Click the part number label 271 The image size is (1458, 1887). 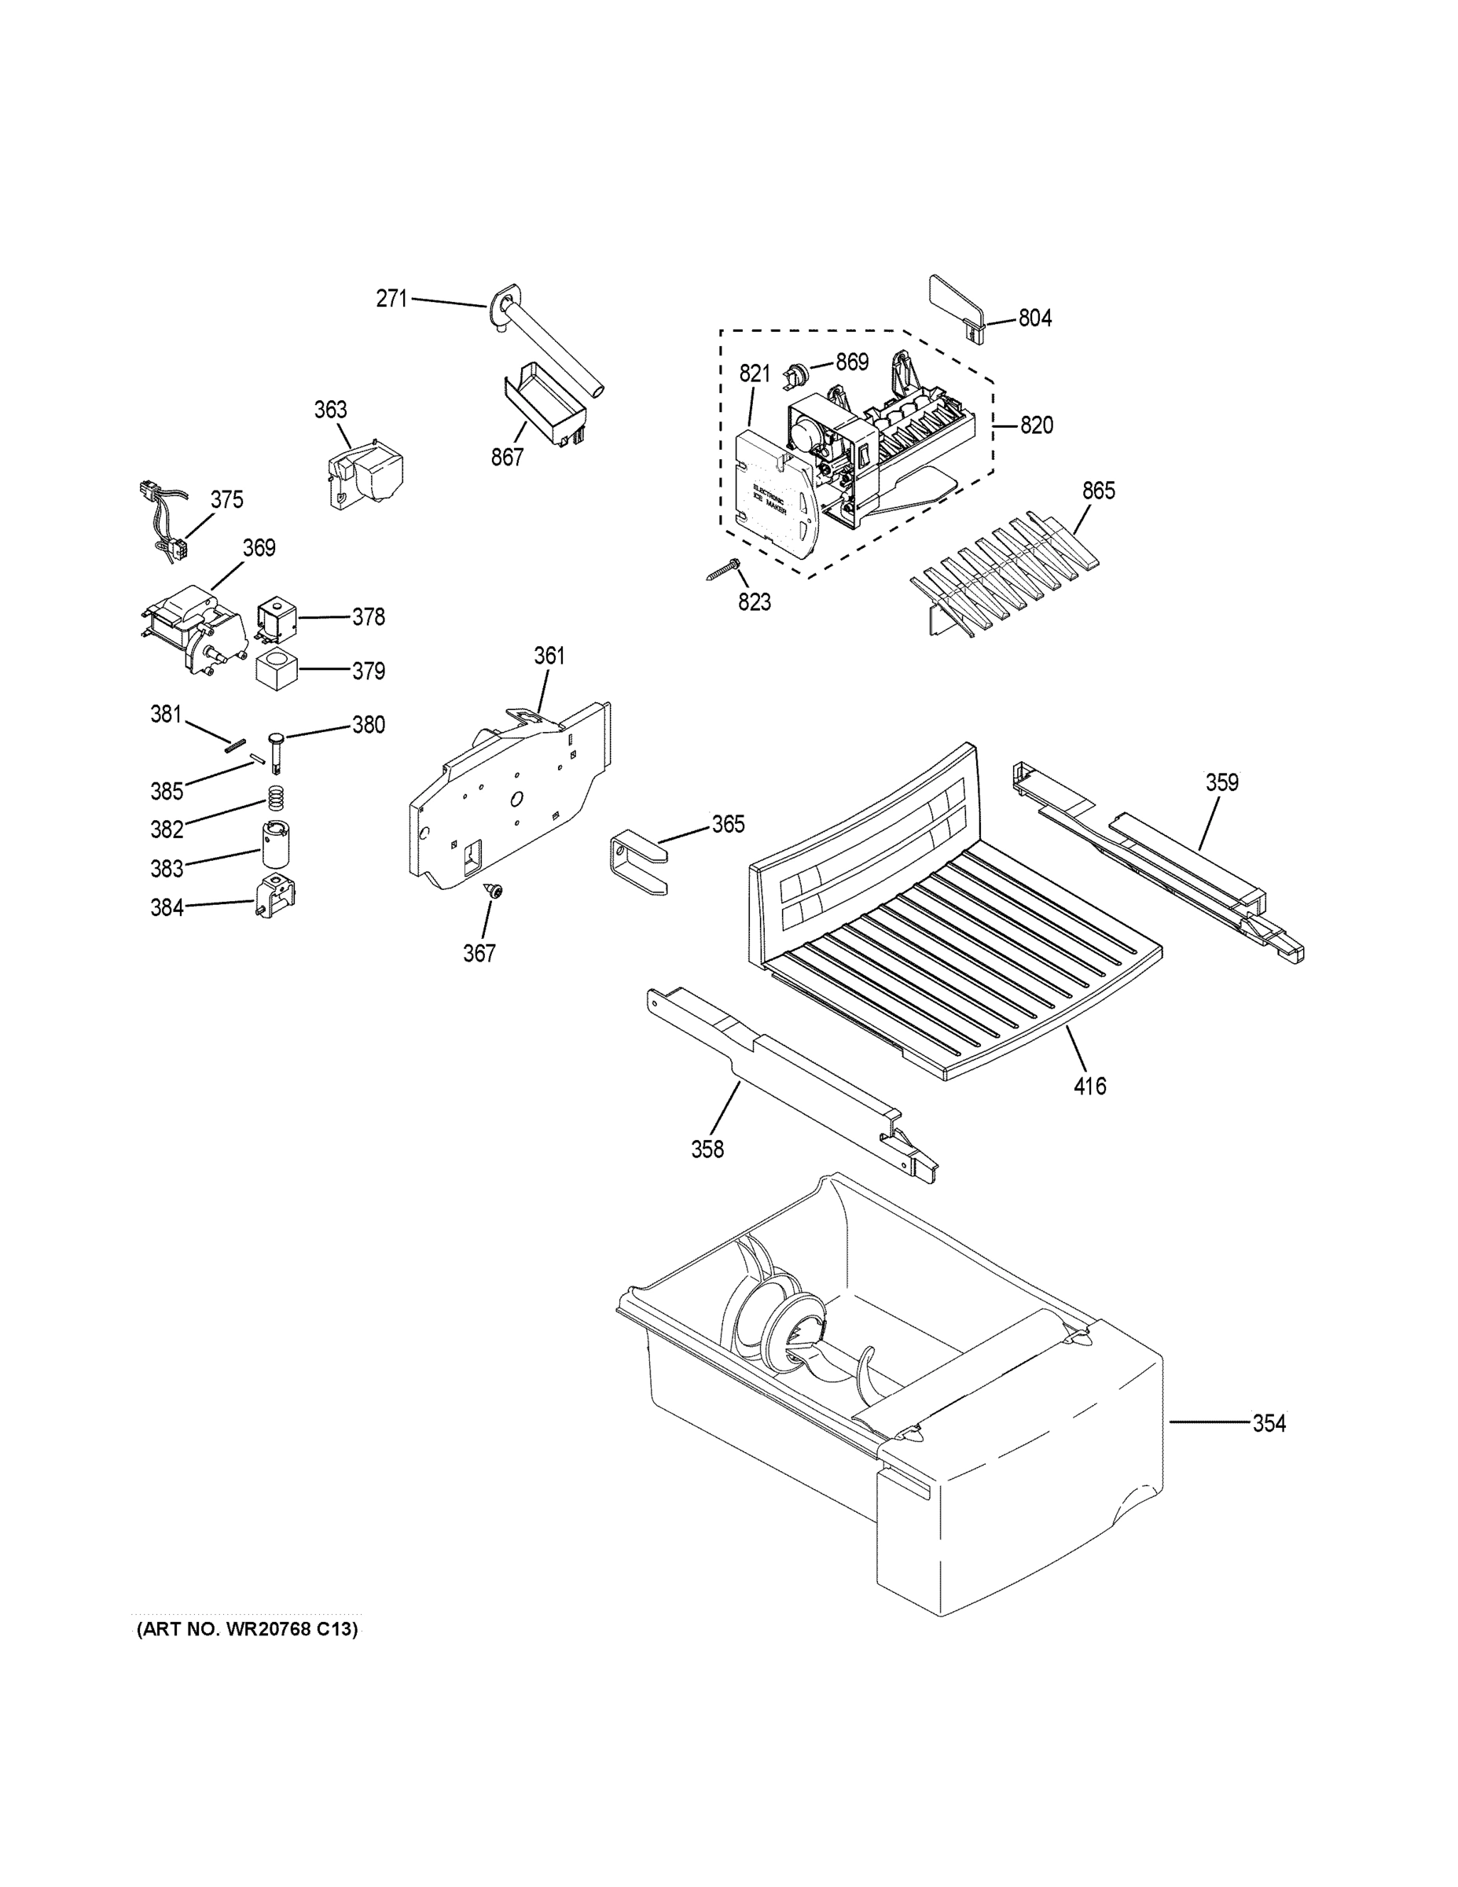coord(391,299)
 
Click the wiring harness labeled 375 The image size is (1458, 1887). coord(164,523)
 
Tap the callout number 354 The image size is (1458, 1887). coord(1269,1423)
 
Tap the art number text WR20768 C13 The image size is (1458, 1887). coord(247,1630)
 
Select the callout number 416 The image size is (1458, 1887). coord(1089,1085)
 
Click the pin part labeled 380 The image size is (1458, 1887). coord(278,749)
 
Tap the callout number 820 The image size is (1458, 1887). coord(1037,425)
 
